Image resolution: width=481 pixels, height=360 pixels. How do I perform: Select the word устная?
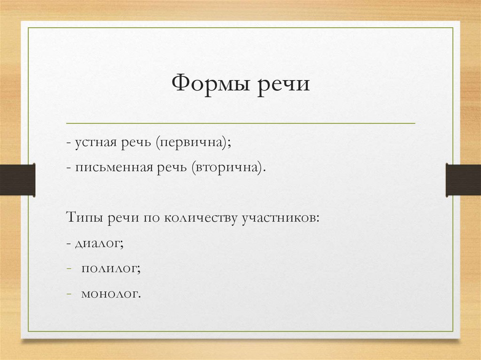94,143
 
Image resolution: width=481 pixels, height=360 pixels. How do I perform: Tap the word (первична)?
194,143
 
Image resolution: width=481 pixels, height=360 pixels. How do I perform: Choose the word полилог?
111,269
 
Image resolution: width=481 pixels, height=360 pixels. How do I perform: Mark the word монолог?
111,295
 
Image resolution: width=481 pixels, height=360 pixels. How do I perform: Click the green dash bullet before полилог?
69,269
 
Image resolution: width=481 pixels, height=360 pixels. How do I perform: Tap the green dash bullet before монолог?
69,294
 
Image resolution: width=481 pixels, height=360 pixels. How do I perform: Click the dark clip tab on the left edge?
17,180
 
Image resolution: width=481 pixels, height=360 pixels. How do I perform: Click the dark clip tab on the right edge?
463,180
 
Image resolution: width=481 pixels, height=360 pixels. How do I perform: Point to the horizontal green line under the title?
240,123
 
